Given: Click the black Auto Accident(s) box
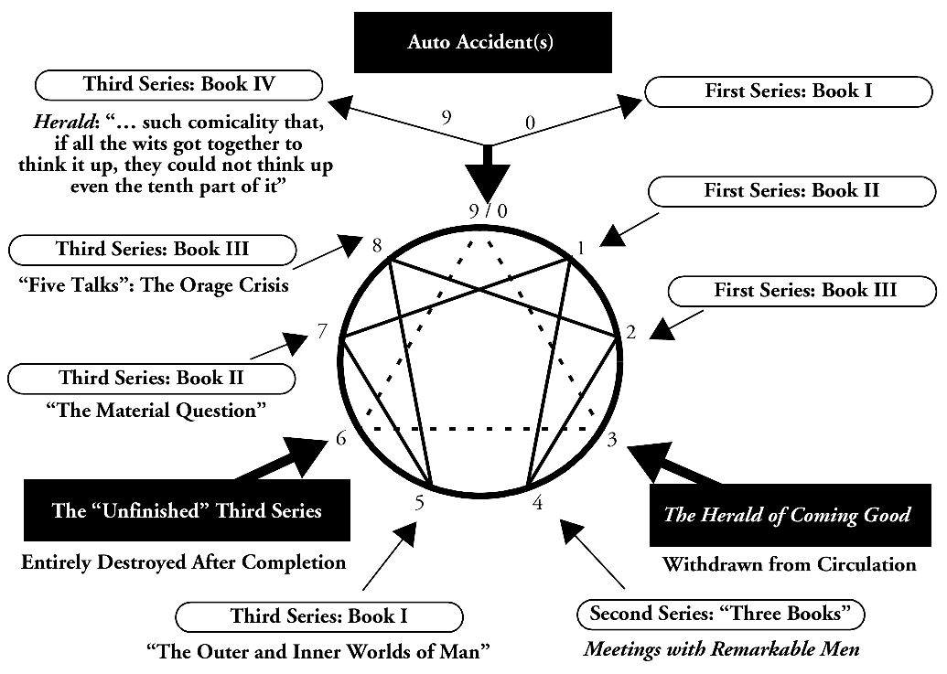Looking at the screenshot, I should click(x=482, y=42).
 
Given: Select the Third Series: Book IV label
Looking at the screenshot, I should click(x=178, y=85).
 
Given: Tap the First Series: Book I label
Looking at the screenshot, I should click(x=781, y=91).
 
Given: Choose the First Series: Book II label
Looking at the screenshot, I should click(x=791, y=191).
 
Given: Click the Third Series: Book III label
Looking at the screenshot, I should click(x=152, y=249).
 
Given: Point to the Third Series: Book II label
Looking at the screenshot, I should click(x=151, y=377).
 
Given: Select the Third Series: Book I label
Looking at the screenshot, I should click(x=318, y=615).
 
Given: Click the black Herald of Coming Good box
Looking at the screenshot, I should click(x=787, y=514).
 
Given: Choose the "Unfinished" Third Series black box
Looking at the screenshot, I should click(x=188, y=510).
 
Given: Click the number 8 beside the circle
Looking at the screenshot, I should click(x=376, y=244).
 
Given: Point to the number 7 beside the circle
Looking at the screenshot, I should click(x=322, y=331).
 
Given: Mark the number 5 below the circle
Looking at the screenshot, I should click(x=419, y=502).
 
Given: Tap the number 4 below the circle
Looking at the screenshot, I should click(x=538, y=502).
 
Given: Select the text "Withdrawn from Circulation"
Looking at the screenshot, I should click(x=789, y=563).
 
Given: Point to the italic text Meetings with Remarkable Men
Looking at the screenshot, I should click(x=722, y=650).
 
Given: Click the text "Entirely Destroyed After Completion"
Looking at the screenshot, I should click(x=184, y=562).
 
